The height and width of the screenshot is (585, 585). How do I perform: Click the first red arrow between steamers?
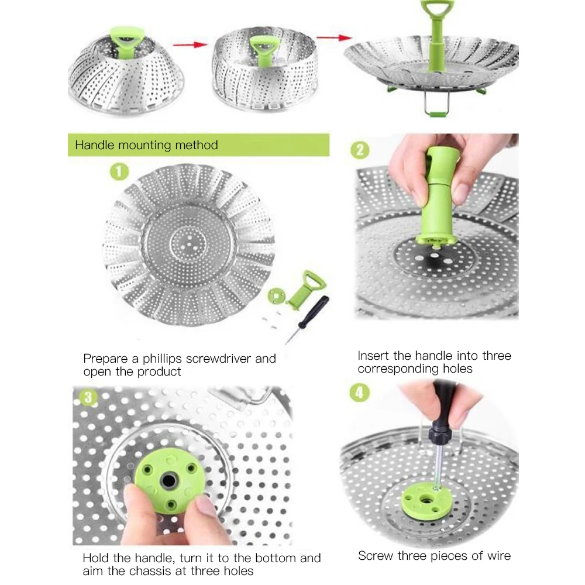(x=190, y=45)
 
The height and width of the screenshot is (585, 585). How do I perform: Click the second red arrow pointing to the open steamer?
(x=334, y=37)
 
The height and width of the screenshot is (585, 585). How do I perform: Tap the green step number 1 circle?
(x=119, y=171)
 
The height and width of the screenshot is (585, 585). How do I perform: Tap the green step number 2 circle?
(x=360, y=150)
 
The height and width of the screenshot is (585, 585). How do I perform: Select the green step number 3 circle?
(x=88, y=398)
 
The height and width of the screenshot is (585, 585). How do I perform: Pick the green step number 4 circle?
(x=359, y=393)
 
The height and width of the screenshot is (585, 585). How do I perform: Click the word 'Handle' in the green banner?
(x=95, y=144)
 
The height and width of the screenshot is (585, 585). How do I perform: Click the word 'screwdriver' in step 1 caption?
(x=218, y=359)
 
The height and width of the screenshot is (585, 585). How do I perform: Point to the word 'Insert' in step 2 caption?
(x=374, y=356)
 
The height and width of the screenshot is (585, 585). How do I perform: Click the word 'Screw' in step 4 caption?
(x=376, y=556)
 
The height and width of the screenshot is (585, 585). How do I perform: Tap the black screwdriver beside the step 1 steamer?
(x=307, y=319)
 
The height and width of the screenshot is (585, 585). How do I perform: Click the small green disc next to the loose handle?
(x=277, y=296)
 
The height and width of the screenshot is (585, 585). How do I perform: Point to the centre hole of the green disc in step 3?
(x=169, y=480)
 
